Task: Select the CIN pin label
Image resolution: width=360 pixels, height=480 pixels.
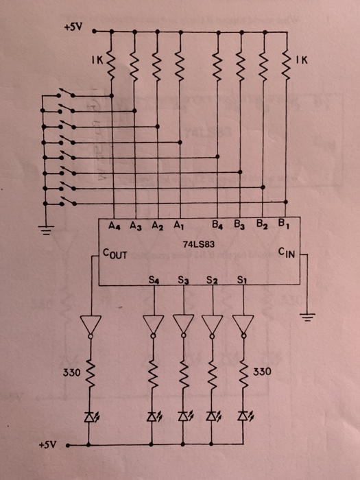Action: [286, 253]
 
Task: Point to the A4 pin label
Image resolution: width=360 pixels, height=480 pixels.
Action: [115, 224]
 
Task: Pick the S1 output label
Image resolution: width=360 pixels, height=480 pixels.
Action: [242, 280]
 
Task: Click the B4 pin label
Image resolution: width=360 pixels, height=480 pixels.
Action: [218, 224]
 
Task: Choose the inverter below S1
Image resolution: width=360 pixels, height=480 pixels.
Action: [242, 326]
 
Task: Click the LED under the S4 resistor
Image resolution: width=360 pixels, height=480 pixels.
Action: [154, 416]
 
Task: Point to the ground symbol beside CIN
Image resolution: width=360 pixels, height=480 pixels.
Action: [309, 316]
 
